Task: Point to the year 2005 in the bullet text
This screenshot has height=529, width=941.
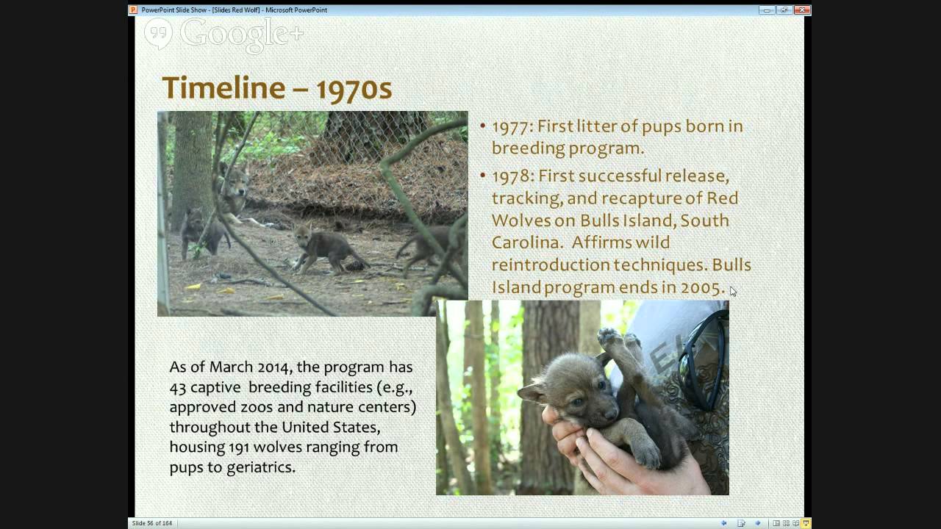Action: pyautogui.click(x=702, y=287)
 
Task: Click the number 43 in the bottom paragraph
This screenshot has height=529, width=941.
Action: pyautogui.click(x=179, y=386)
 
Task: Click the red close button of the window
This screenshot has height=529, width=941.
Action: pyautogui.click(x=801, y=10)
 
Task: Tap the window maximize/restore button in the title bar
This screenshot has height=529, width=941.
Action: pyautogui.click(x=784, y=10)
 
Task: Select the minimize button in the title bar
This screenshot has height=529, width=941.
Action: pyautogui.click(x=768, y=10)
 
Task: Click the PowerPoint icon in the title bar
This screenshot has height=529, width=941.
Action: pyautogui.click(x=133, y=10)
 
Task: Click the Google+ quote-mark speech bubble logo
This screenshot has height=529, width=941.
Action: pyautogui.click(x=158, y=33)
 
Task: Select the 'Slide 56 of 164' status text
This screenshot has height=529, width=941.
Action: pyautogui.click(x=151, y=523)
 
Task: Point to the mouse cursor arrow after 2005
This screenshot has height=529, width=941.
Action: pyautogui.click(x=733, y=292)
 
